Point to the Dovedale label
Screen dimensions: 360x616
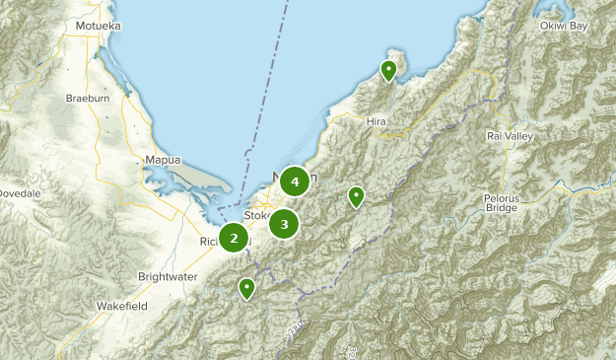pos(20,193)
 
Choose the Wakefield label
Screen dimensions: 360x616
pos(121,307)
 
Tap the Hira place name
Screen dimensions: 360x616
pos(376,121)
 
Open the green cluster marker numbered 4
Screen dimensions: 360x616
pos(295,181)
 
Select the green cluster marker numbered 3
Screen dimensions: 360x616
pos(284,225)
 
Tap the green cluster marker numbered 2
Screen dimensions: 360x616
pos(235,238)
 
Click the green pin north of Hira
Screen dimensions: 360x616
pos(389,70)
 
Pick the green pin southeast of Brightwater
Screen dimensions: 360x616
pos(246,288)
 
